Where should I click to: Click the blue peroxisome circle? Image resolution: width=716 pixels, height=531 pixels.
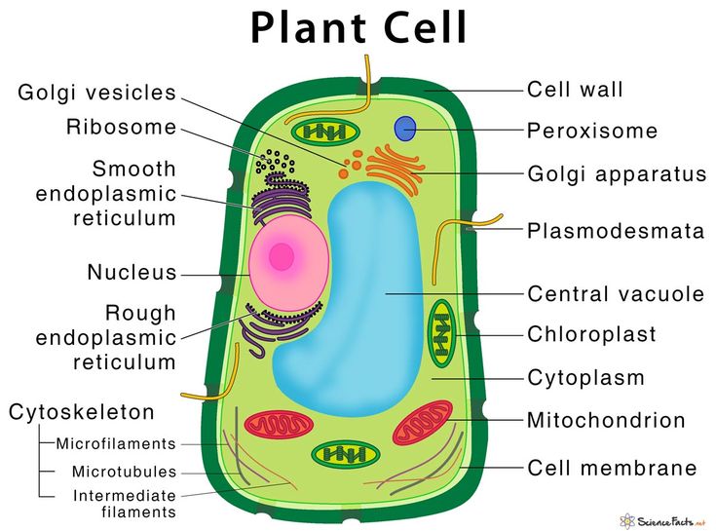tap(405, 129)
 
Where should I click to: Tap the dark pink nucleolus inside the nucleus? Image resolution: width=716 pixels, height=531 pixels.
tap(282, 257)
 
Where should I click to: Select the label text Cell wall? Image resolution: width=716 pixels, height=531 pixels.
tap(575, 90)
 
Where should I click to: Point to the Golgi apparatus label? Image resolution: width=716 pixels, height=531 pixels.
tap(617, 174)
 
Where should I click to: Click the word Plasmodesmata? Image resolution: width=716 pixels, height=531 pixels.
tap(616, 231)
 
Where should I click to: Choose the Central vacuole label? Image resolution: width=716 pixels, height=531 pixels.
tap(616, 294)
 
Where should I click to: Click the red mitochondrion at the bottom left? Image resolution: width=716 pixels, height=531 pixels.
tap(279, 424)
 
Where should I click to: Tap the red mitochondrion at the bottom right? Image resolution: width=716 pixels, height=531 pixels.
tap(423, 423)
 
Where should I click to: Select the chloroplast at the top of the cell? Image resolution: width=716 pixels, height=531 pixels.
tap(326, 132)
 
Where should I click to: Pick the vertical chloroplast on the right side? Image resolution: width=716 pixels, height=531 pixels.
tap(441, 333)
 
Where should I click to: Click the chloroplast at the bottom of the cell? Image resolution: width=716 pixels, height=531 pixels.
tap(345, 455)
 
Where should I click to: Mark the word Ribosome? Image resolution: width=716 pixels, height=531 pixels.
tap(122, 127)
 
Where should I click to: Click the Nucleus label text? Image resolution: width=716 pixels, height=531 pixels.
tap(132, 273)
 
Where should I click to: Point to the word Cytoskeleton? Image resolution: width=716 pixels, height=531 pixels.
tap(82, 412)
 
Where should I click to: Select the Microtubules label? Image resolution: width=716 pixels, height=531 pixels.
tap(125, 472)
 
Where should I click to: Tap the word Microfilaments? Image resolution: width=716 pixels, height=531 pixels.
tap(116, 443)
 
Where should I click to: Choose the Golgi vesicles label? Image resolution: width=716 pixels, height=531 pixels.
tap(96, 93)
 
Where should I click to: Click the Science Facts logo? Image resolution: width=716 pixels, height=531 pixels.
tap(663, 521)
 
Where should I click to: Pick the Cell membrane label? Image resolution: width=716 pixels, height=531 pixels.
tap(613, 469)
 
